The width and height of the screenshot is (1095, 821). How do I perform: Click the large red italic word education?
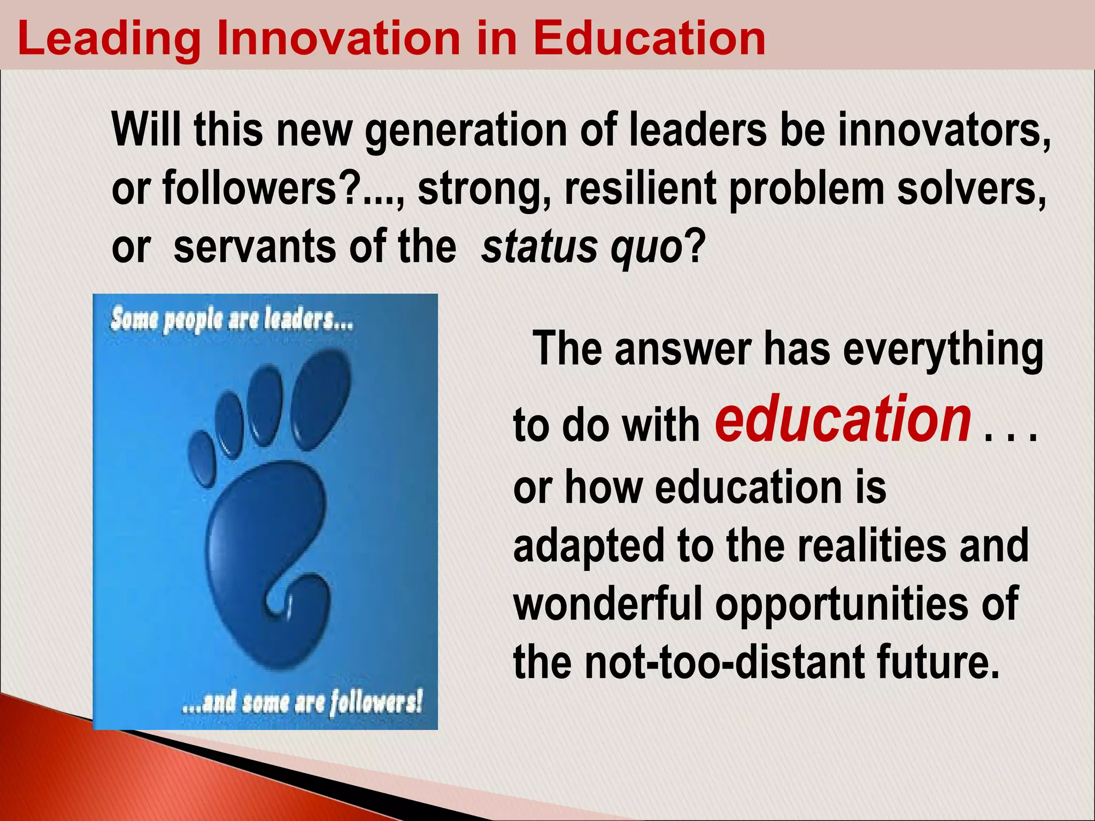843,420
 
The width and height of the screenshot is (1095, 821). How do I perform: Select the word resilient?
641,190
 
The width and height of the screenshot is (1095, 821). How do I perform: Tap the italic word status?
540,247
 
